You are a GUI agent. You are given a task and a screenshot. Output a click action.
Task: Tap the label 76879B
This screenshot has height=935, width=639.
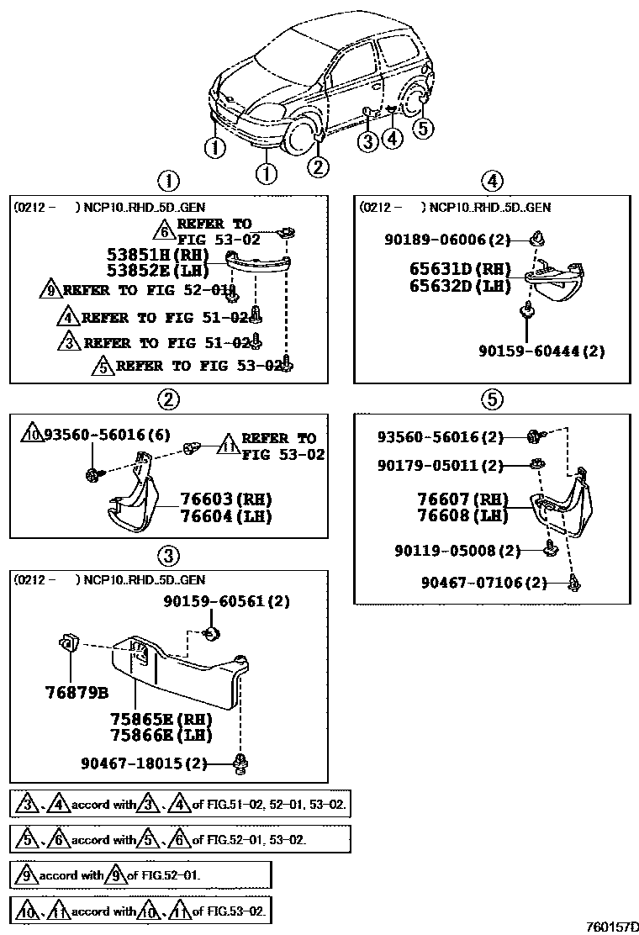[77, 695]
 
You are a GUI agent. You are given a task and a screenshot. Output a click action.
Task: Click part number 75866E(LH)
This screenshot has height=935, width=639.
[161, 735]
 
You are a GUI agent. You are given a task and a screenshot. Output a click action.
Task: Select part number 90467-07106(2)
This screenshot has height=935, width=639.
[484, 582]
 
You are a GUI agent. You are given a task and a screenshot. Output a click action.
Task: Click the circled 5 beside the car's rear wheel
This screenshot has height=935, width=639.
[423, 128]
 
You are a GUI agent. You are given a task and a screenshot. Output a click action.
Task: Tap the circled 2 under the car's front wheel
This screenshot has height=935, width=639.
[317, 166]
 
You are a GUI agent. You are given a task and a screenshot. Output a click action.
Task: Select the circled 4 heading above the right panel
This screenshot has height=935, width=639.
[492, 180]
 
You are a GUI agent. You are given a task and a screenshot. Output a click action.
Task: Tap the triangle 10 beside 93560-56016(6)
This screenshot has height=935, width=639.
[33, 435]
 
